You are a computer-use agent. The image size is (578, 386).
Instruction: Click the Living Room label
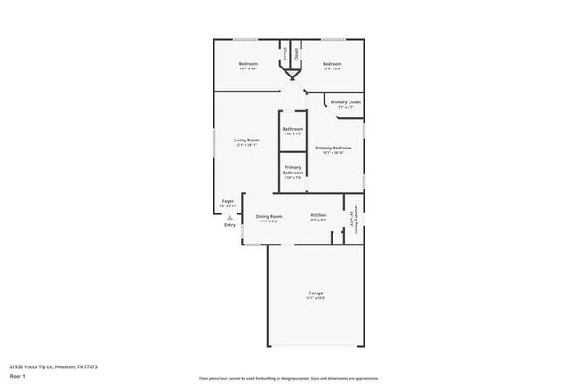click(x=246, y=140)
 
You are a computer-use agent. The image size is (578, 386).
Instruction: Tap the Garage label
click(x=315, y=294)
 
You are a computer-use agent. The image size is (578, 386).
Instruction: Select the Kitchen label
click(x=318, y=216)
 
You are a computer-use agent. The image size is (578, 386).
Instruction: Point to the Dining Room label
click(x=269, y=216)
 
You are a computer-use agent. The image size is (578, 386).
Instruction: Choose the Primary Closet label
click(x=345, y=102)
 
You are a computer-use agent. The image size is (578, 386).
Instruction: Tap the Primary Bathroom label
click(x=293, y=169)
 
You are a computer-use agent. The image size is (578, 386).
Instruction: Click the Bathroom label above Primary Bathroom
click(x=293, y=130)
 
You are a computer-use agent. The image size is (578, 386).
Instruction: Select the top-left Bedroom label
click(x=248, y=64)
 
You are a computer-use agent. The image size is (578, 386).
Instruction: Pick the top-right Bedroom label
click(x=333, y=64)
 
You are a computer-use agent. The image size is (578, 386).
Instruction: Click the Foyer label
click(x=228, y=202)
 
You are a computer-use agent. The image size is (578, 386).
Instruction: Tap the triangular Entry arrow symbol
click(x=229, y=217)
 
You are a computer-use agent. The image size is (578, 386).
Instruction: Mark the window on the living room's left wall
click(x=213, y=142)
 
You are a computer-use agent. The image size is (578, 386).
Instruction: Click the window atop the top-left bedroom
click(x=246, y=38)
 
